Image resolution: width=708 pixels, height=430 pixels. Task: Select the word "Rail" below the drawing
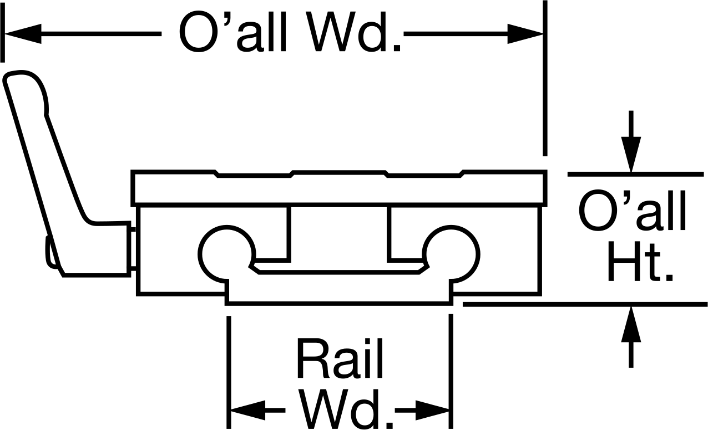[340, 358]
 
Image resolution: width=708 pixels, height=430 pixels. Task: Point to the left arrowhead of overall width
[23, 33]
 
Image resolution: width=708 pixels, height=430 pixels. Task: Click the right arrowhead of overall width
[525, 33]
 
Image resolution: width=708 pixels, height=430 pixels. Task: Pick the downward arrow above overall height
[631, 142]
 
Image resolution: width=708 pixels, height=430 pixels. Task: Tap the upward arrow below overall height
[631, 337]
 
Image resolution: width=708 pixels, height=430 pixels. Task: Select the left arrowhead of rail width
[248, 410]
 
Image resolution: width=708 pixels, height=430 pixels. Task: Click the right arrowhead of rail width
[432, 410]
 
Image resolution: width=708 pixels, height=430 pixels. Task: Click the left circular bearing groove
[226, 254]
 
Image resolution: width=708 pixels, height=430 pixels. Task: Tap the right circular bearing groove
[451, 254]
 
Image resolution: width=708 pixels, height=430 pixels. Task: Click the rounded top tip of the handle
[19, 73]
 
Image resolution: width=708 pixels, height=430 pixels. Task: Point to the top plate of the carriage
[339, 188]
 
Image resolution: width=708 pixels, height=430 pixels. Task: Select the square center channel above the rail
[339, 233]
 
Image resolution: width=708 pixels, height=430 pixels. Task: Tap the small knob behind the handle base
[50, 252]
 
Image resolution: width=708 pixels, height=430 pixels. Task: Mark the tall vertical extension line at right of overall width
[545, 78]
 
